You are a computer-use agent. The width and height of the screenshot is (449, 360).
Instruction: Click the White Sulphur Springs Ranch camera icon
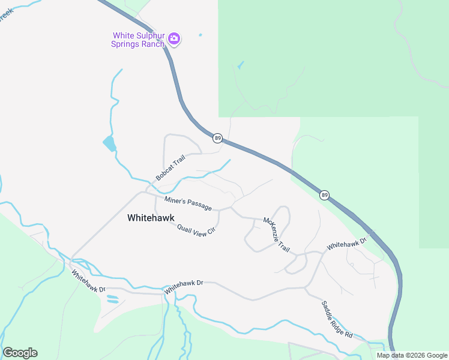[x=174, y=39]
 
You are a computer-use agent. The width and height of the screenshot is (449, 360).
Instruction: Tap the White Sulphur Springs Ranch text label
[x=139, y=40]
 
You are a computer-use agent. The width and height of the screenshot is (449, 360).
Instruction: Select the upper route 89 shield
[x=217, y=138]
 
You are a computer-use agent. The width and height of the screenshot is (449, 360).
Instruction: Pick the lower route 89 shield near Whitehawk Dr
[x=324, y=194]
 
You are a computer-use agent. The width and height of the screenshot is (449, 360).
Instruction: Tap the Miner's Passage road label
[x=188, y=203]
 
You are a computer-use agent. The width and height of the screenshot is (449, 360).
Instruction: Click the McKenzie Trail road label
[x=276, y=235]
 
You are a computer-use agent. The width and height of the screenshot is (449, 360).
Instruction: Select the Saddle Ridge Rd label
[x=336, y=318]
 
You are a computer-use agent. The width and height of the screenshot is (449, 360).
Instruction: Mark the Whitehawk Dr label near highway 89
[x=346, y=245]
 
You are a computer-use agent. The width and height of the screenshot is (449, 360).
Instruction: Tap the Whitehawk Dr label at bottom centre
[x=184, y=286]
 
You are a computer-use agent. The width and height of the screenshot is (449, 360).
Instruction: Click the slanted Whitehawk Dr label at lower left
[x=88, y=281]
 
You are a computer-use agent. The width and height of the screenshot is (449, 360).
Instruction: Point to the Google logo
[x=20, y=353]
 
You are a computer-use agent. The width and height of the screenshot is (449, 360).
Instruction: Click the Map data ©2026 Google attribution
[x=412, y=355]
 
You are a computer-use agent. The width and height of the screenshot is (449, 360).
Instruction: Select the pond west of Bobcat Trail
[x=109, y=144]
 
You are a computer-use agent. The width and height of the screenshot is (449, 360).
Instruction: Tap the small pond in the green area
[x=241, y=64]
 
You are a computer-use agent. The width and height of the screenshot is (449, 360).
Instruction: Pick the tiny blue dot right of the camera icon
[x=200, y=35]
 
